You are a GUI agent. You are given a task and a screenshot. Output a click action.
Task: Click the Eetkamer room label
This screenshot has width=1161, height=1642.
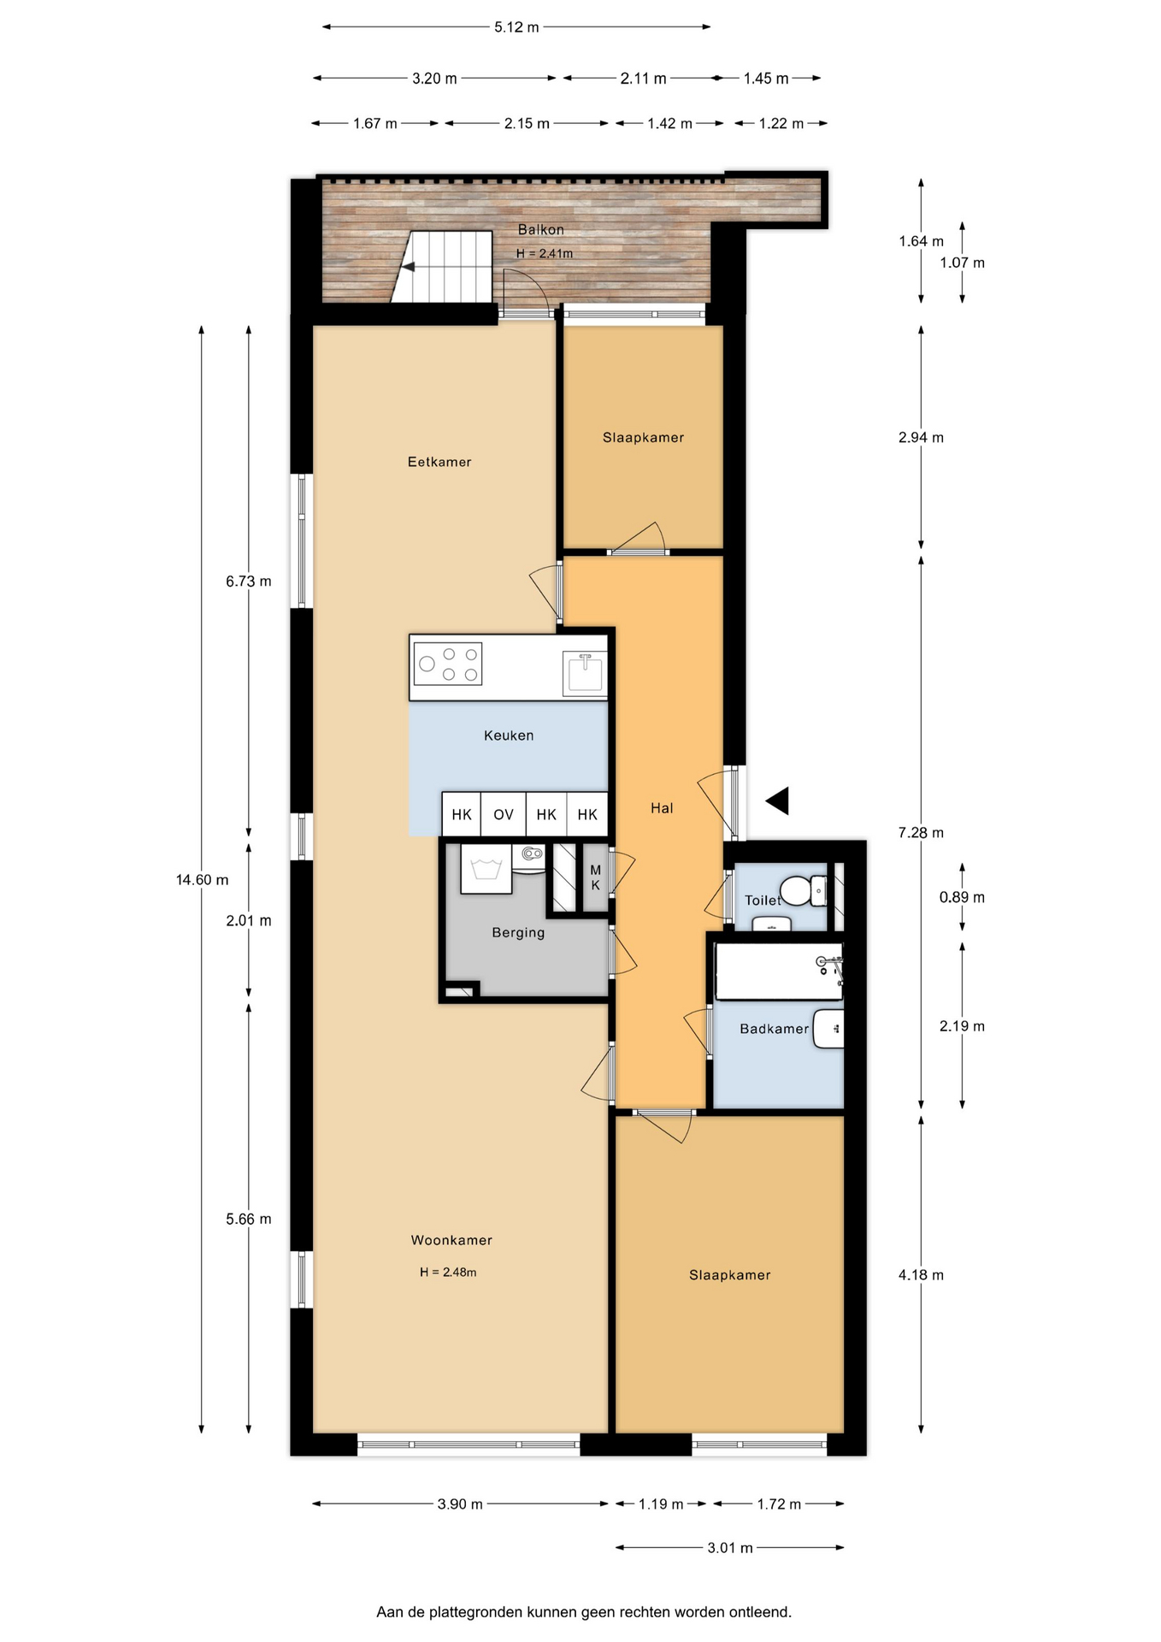click(x=439, y=462)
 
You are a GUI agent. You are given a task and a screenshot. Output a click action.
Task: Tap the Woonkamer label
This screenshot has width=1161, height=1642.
click(x=451, y=1240)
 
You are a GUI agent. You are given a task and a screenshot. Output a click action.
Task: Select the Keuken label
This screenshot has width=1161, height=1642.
click(x=509, y=735)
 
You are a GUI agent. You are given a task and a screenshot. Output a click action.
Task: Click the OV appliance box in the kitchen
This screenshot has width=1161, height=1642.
click(x=504, y=814)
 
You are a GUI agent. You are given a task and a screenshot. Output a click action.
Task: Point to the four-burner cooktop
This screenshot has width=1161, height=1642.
click(x=448, y=664)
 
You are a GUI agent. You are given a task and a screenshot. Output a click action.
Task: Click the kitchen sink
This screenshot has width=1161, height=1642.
click(x=586, y=673)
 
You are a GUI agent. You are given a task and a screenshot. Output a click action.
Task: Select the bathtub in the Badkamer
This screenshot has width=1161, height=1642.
click(x=779, y=972)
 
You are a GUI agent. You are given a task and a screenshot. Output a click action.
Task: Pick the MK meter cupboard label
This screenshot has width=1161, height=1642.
click(x=596, y=877)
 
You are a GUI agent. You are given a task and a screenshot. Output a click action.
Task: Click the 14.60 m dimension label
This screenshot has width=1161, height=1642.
click(x=203, y=880)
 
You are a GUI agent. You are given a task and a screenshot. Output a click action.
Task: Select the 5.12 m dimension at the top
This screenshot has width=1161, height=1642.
click(x=516, y=27)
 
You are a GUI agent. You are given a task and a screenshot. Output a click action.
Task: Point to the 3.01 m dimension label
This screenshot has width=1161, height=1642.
click(x=730, y=1547)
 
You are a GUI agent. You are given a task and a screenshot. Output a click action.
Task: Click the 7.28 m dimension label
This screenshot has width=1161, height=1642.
click(x=921, y=833)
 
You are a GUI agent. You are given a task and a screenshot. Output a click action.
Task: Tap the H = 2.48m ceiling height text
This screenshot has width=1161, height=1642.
click(x=448, y=1272)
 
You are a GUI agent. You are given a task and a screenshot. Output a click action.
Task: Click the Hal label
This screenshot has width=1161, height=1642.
click(x=662, y=808)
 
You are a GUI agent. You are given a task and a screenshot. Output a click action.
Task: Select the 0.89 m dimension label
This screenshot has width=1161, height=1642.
click(x=962, y=897)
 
